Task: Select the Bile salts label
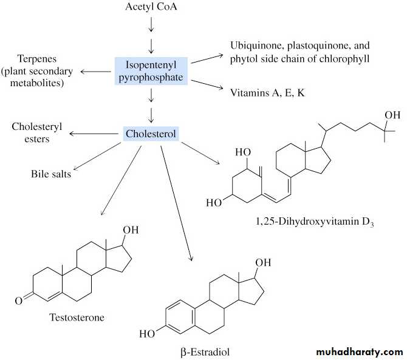(50, 174)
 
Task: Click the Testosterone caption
(77, 317)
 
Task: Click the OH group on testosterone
(131, 230)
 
